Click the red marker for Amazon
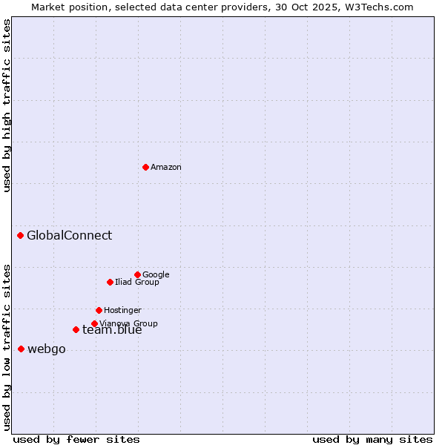coord(145,167)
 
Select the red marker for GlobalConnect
coord(20,236)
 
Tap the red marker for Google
coord(137,274)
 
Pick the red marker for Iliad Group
coord(110,282)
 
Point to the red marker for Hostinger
coord(99,310)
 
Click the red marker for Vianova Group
coord(94,323)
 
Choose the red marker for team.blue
coord(76,329)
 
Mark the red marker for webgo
coord(21,349)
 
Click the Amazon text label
coord(166,168)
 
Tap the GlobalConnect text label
coord(70,236)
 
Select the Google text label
coord(156,274)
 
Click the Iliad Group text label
coord(137,282)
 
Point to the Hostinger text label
coord(122,310)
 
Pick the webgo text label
coord(47,349)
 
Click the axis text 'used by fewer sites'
coord(76,439)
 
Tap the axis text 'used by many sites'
coord(372,439)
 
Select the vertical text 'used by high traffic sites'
coord(7,105)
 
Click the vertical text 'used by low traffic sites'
coord(7,346)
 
